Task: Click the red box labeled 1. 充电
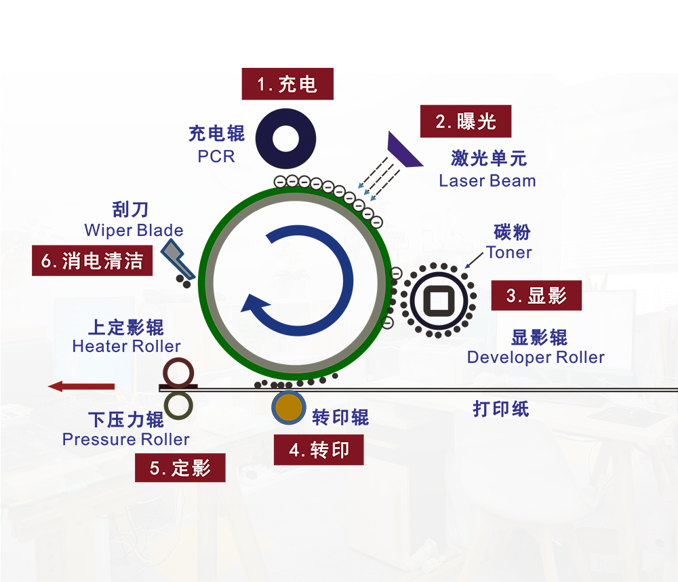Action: [287, 85]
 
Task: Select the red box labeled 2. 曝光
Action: [466, 122]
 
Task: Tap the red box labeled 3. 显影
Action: [536, 295]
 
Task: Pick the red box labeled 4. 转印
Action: [318, 450]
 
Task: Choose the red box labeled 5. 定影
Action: [180, 467]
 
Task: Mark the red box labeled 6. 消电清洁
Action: [92, 260]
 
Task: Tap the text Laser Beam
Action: [487, 181]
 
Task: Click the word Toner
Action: [509, 252]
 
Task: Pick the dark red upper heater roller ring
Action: [179, 372]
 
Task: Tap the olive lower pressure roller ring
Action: [178, 404]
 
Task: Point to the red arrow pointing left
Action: [81, 387]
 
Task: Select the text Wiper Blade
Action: [134, 230]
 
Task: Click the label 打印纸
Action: [500, 410]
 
